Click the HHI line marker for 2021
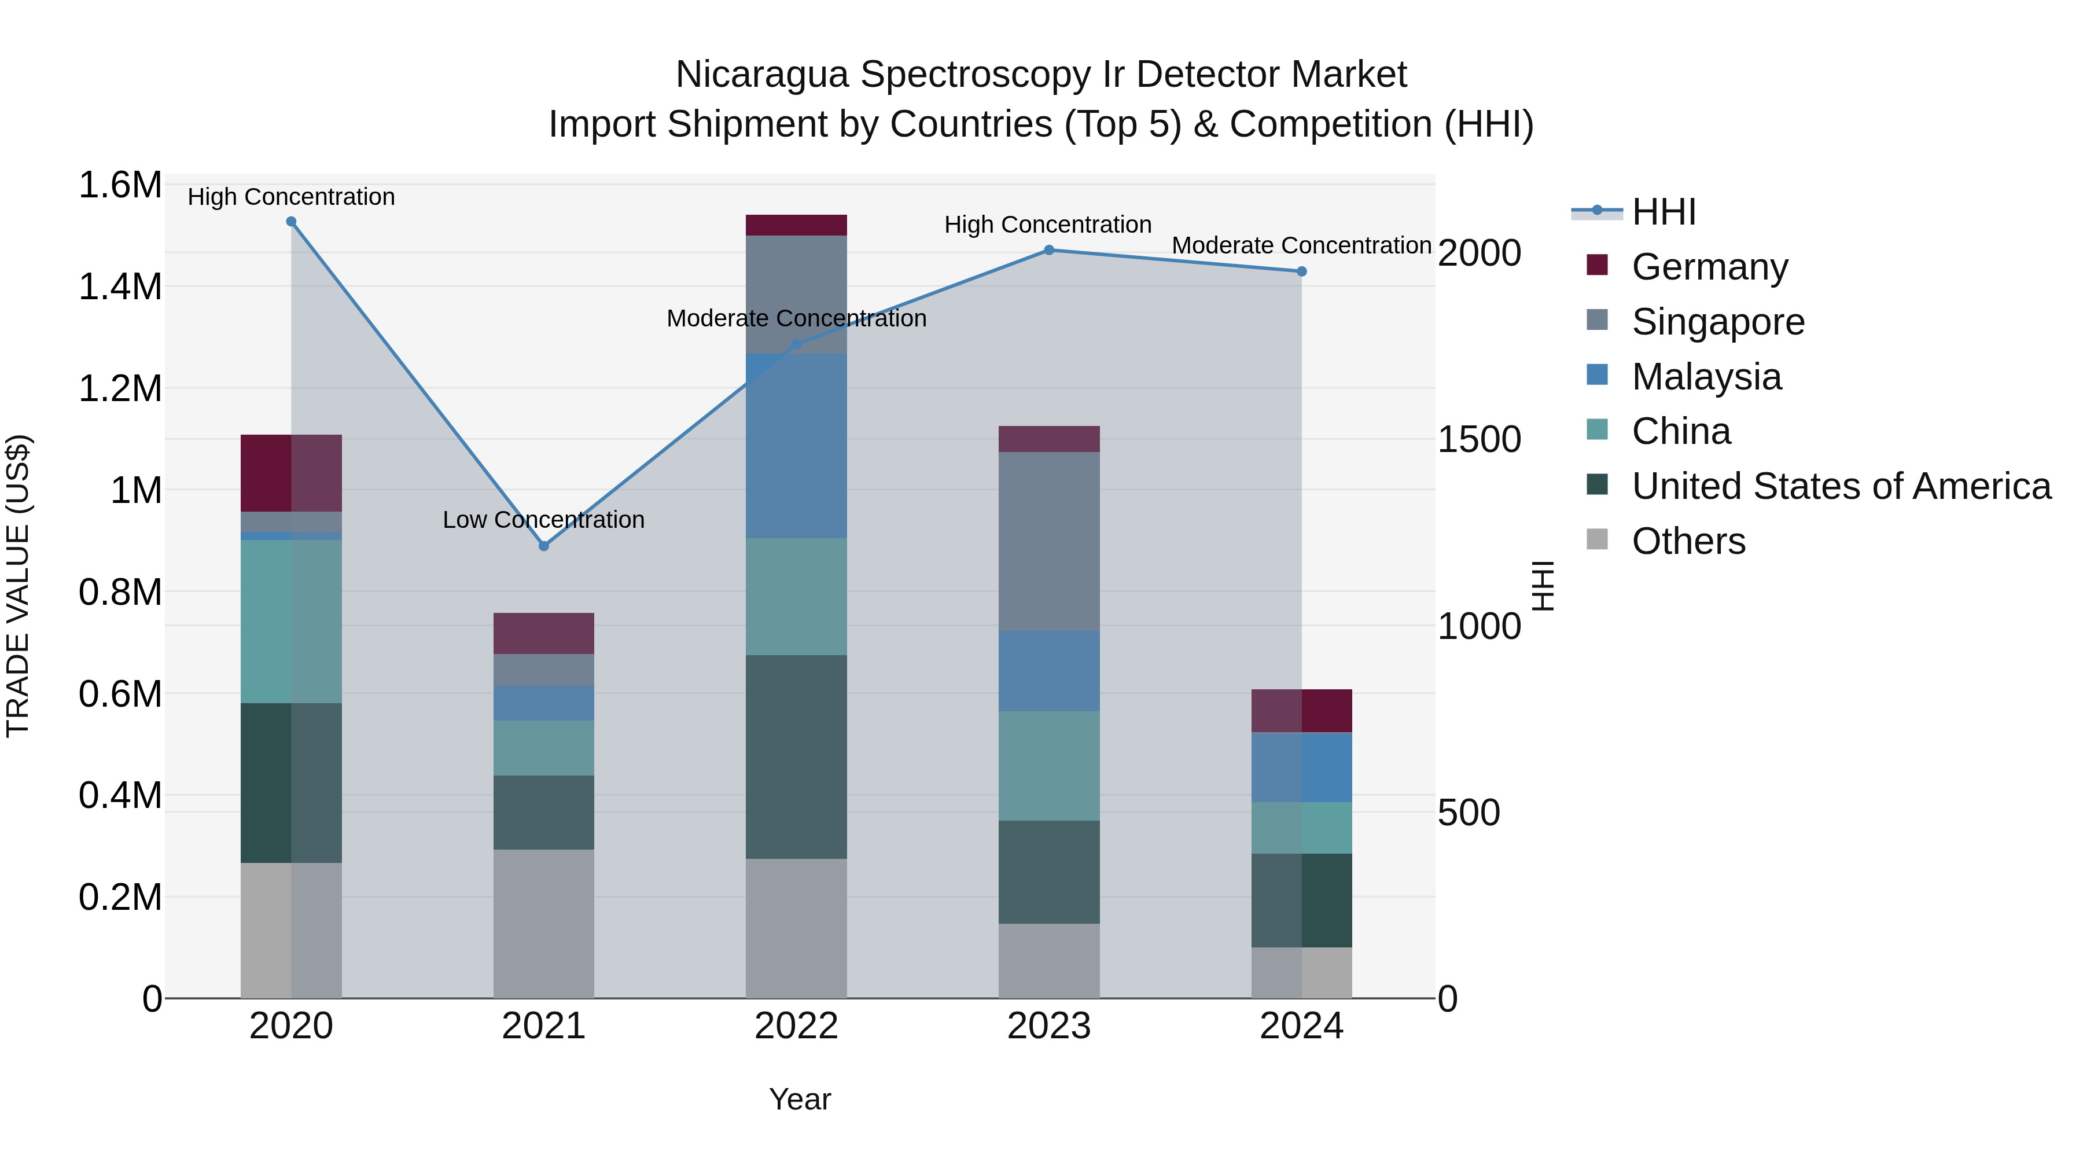tap(543, 546)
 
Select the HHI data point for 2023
tap(1049, 250)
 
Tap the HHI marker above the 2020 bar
tap(291, 222)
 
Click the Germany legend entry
tap(1709, 267)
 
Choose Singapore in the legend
tap(1717, 322)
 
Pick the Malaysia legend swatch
tap(1597, 375)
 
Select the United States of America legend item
tap(1841, 486)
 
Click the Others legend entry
tap(1688, 541)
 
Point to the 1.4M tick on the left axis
tap(120, 287)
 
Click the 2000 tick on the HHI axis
tap(1479, 253)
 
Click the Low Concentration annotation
tap(543, 519)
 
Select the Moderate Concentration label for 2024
tap(1301, 245)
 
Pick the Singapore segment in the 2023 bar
tap(1049, 541)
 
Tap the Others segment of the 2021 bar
tap(543, 923)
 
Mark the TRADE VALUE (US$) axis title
tap(18, 586)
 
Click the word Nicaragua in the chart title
tap(761, 75)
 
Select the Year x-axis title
tap(800, 1099)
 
